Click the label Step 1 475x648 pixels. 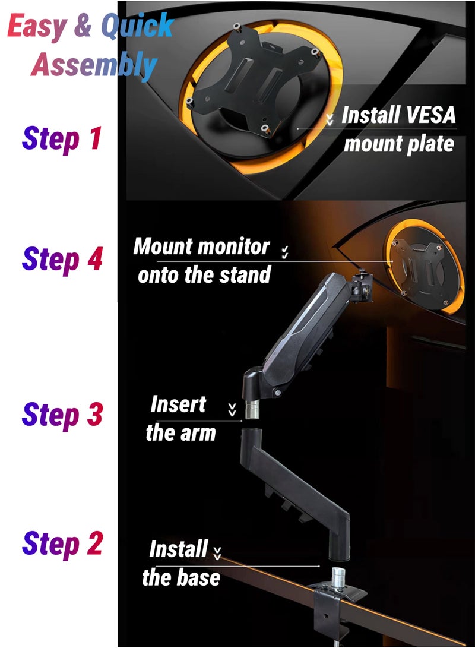pos(62,138)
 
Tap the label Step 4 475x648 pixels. pos(62,260)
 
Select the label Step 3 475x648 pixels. pos(62,414)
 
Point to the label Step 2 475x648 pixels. pos(62,545)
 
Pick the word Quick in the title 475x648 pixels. pos(137,26)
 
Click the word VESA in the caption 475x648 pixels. pos(427,115)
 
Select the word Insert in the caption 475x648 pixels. pos(178,404)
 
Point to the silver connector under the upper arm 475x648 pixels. pos(249,409)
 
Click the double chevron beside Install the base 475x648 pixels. pos(217,553)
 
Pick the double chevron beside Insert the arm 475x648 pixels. pos(232,410)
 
